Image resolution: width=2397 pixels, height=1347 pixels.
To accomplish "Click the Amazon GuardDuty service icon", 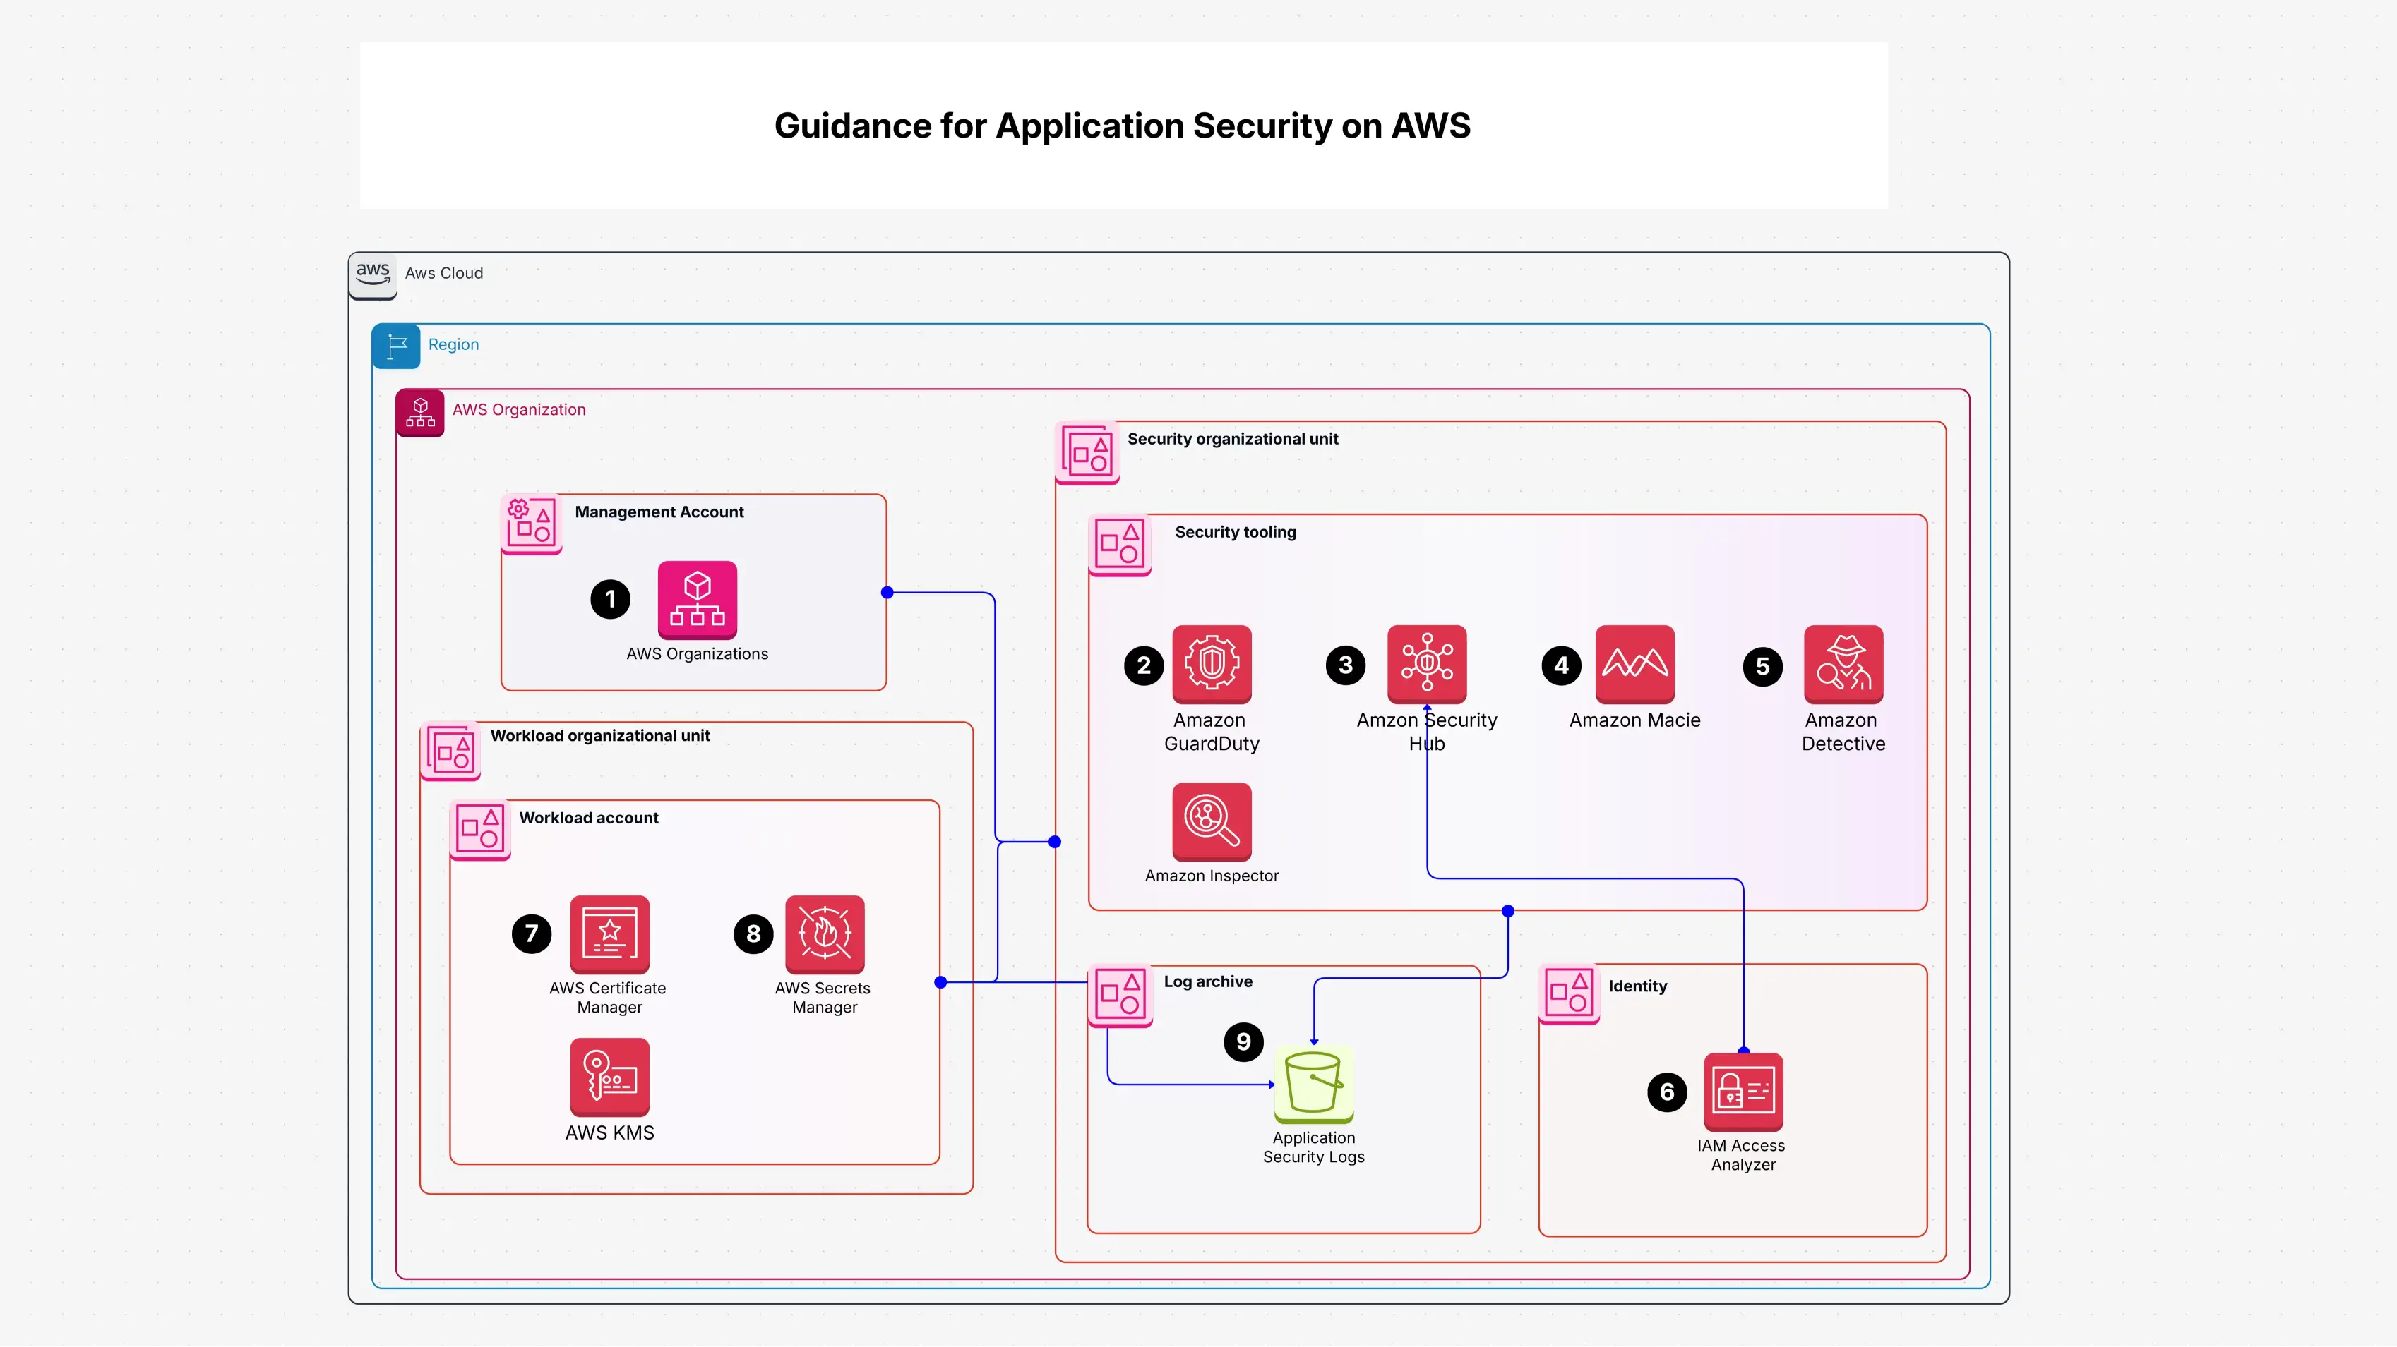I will tap(1212, 663).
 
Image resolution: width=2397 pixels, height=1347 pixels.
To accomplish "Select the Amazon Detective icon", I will tap(1843, 663).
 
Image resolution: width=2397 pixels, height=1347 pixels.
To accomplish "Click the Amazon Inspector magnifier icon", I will tap(1212, 821).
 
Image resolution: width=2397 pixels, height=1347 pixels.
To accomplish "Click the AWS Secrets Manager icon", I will tap(825, 934).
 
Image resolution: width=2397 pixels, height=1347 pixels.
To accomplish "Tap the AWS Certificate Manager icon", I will tap(609, 934).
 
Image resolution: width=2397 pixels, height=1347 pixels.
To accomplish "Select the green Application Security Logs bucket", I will tap(1313, 1084).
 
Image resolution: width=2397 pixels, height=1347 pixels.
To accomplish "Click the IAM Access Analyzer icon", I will tap(1743, 1091).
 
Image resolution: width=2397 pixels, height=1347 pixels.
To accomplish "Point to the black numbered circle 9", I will tap(1243, 1042).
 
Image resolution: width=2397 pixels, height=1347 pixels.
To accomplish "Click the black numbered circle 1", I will tap(611, 599).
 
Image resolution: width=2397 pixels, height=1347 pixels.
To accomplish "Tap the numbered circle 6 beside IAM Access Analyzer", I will tap(1666, 1092).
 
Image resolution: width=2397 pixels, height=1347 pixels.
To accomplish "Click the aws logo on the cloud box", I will tap(373, 274).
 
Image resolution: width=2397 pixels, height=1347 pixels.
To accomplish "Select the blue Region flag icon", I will tap(396, 346).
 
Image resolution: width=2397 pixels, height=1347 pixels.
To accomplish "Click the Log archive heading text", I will tap(1208, 981).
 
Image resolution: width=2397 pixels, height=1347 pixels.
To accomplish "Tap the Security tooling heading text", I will tap(1235, 532).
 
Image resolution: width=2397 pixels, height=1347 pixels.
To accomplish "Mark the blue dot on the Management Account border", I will tap(887, 593).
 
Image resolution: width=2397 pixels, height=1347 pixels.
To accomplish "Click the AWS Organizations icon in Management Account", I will tap(697, 599).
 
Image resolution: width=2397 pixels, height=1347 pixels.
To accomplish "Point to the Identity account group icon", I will tap(1569, 993).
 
